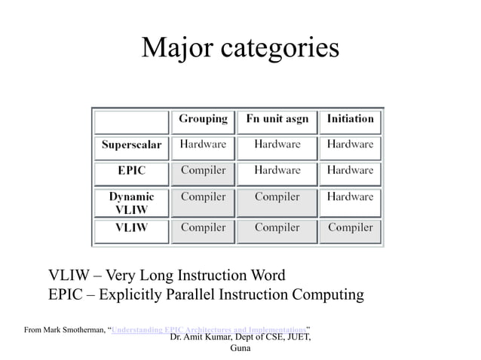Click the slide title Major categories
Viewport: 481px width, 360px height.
pyautogui.click(x=240, y=49)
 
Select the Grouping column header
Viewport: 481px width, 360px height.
pyautogui.click(x=203, y=119)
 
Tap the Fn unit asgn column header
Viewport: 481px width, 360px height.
pyautogui.click(x=277, y=119)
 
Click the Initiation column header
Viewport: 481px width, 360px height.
pyautogui.click(x=350, y=119)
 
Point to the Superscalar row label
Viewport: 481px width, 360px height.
pyautogui.click(x=132, y=145)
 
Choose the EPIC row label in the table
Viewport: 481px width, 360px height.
pyautogui.click(x=132, y=171)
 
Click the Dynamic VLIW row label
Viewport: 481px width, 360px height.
pyautogui.click(x=132, y=203)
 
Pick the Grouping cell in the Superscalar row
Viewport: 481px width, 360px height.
pyautogui.click(x=203, y=145)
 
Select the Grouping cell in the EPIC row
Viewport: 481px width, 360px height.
pyautogui.click(x=203, y=171)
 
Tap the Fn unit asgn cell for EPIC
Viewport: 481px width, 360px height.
pyautogui.click(x=277, y=171)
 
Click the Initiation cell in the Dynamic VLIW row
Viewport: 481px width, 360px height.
pyautogui.click(x=350, y=197)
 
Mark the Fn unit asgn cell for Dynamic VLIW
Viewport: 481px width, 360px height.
pyautogui.click(x=277, y=197)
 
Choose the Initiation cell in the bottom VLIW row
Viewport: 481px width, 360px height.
pyautogui.click(x=350, y=227)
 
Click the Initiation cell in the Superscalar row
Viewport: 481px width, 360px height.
pyautogui.click(x=350, y=145)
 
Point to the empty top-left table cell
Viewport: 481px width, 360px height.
pyautogui.click(x=132, y=121)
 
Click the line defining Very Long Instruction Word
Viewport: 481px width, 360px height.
pyautogui.click(x=167, y=274)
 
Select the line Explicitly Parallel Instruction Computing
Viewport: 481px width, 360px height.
pyautogui.click(x=206, y=294)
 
